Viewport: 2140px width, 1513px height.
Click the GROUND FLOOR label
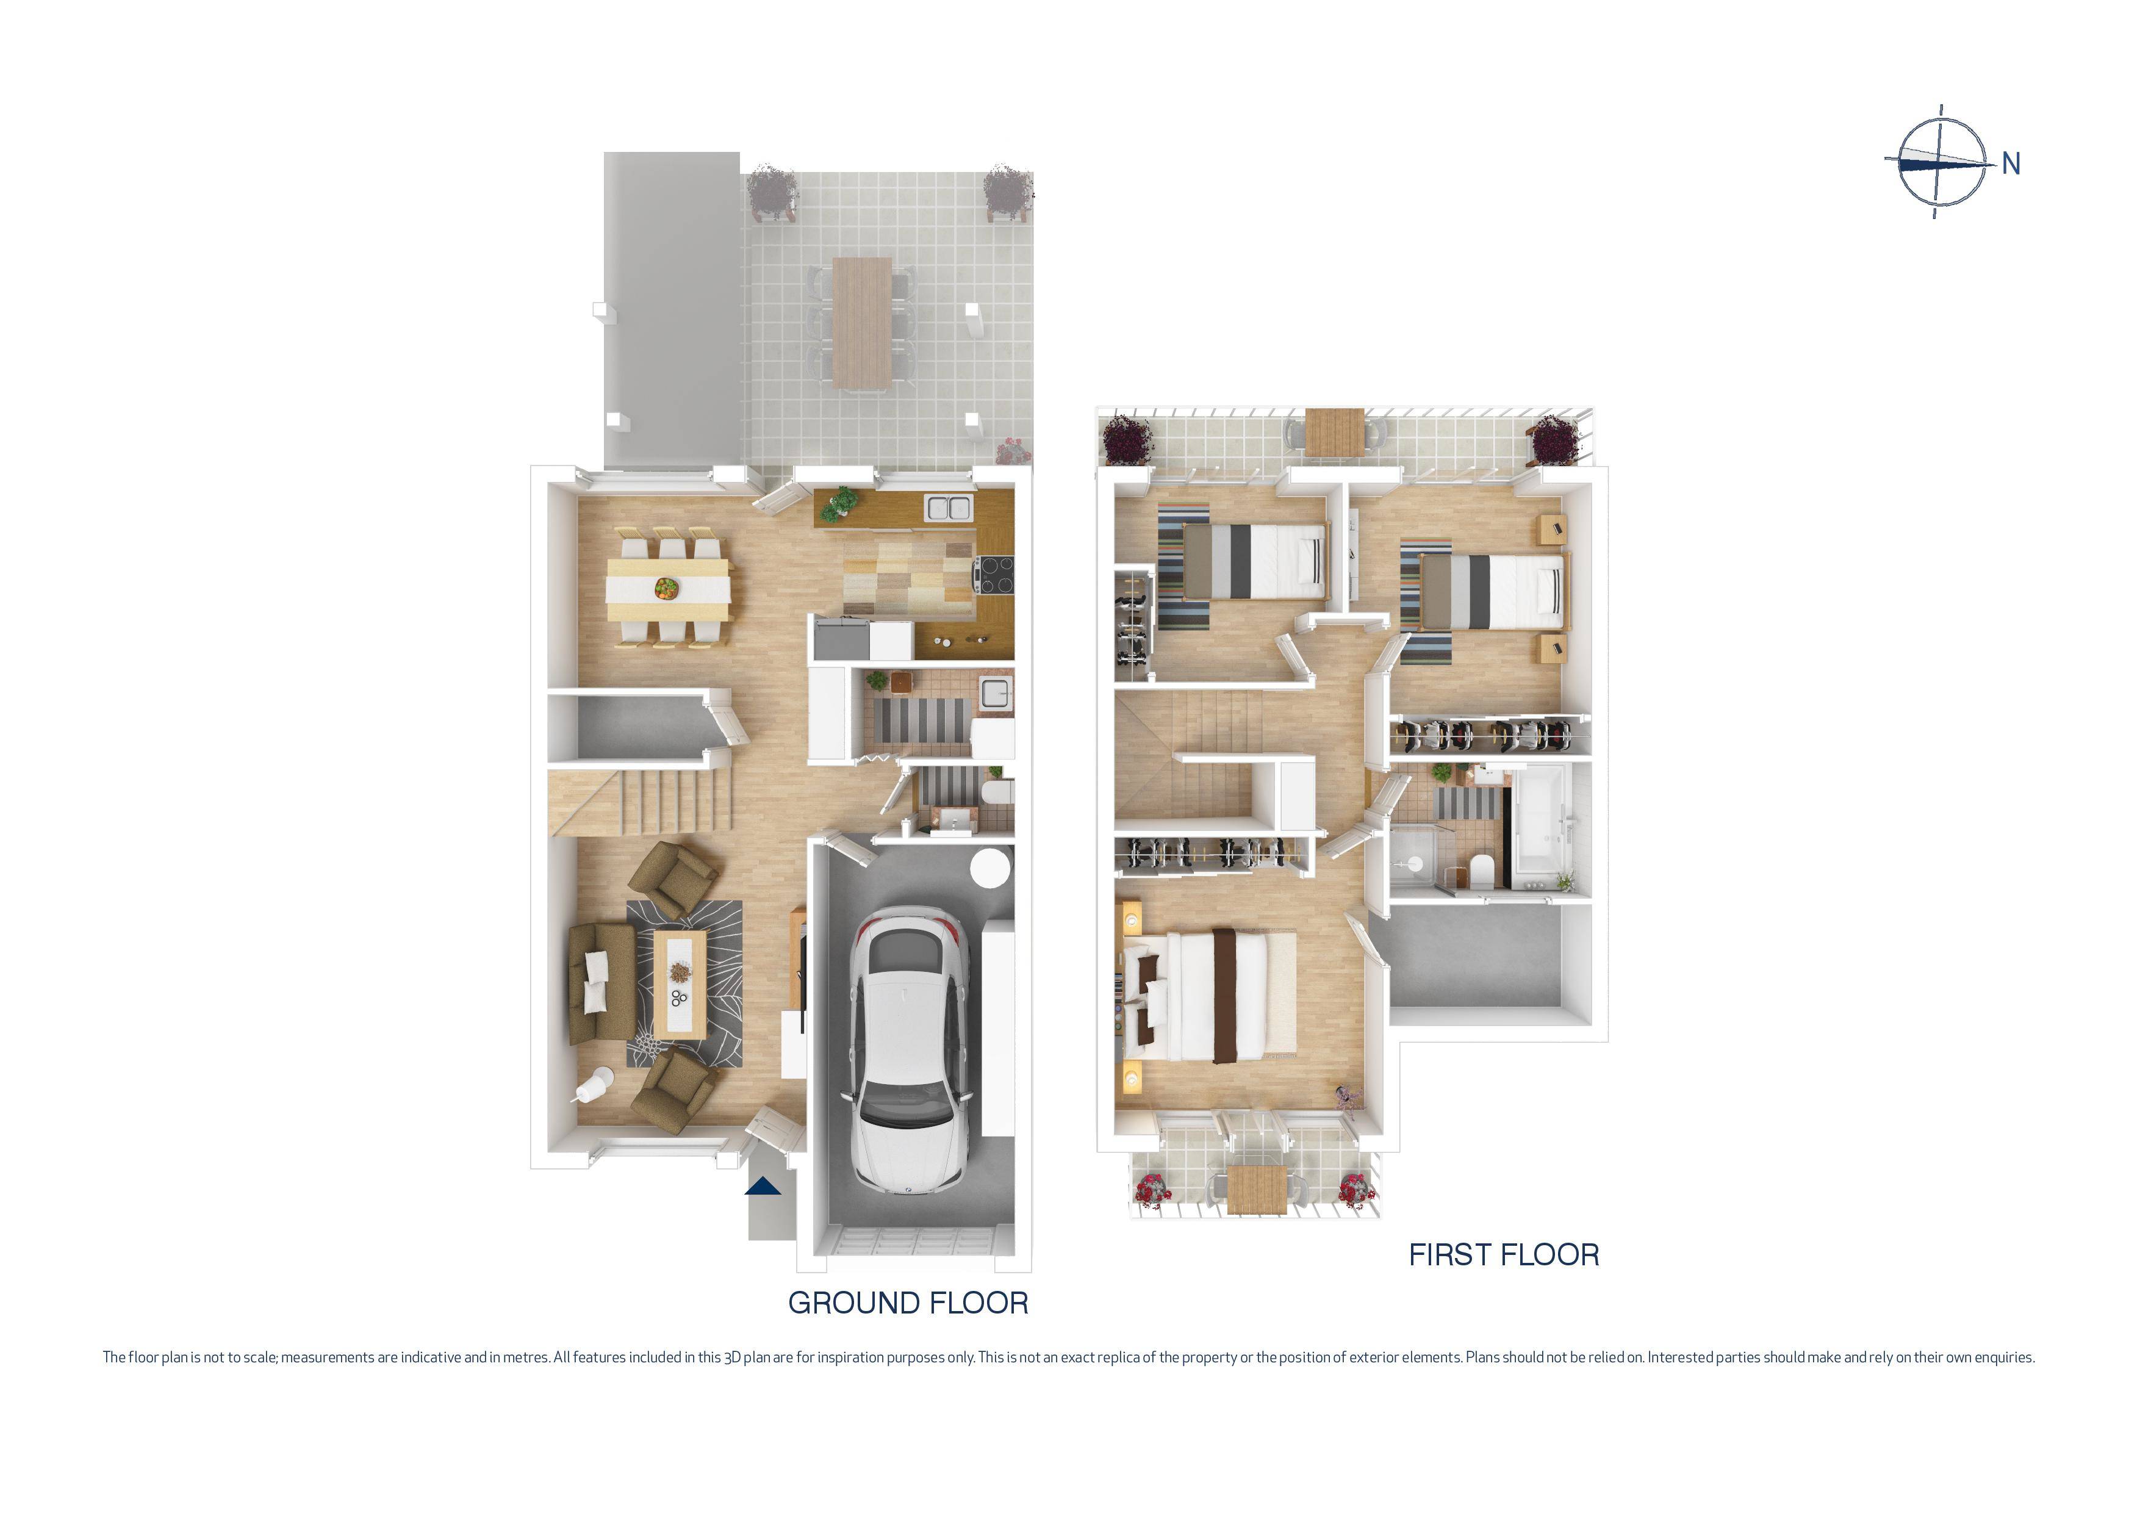pos(908,1303)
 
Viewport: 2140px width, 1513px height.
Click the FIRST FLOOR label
pos(1503,1255)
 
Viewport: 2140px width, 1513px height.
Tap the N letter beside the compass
pos(2011,164)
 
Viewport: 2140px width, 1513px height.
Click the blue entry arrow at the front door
pos(763,1186)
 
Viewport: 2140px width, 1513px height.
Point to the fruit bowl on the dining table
pos(666,588)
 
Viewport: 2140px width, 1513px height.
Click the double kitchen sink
pos(949,508)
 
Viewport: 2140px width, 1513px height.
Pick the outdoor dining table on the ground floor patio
pos(861,322)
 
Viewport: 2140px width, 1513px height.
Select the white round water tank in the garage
pos(990,869)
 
